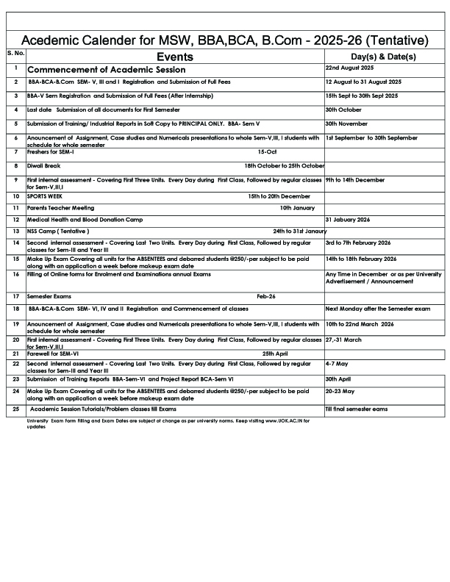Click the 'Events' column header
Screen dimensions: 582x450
175,57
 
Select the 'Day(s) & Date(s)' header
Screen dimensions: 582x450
383,57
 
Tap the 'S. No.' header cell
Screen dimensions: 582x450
15,53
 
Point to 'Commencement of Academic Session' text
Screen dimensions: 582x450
107,70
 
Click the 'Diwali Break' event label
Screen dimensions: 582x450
43,166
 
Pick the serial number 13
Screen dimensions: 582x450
15,231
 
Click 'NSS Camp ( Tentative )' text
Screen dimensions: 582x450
58,231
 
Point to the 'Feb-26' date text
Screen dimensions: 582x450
266,296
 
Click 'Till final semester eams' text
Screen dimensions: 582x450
357,408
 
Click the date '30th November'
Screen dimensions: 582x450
346,124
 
